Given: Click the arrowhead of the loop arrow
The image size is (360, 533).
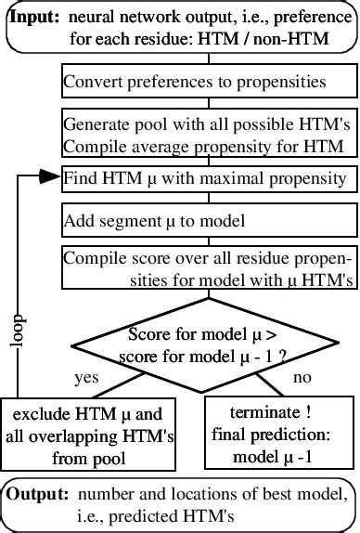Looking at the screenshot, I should [52, 176].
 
